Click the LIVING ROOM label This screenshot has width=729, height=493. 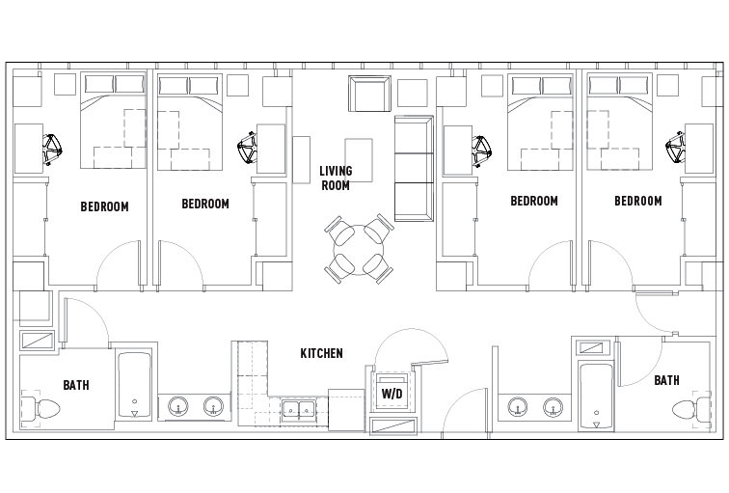336,178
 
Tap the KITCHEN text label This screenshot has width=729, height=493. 321,354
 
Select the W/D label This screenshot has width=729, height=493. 391,395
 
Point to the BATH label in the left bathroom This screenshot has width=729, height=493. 76,386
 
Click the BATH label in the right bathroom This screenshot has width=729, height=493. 666,381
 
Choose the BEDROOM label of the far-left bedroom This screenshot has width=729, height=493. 104,206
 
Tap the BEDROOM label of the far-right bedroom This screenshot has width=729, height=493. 638,202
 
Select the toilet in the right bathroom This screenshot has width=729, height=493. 688,408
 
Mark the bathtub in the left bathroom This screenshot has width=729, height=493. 134,386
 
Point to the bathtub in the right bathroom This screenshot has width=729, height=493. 596,396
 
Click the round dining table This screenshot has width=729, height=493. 358,249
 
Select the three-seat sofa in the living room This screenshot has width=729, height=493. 414,168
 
